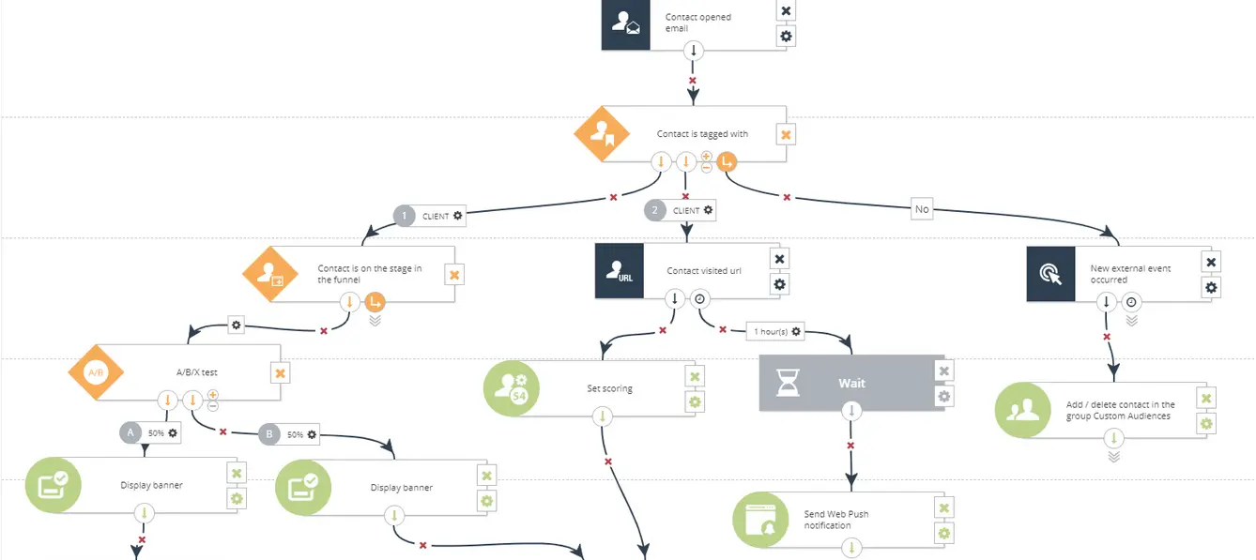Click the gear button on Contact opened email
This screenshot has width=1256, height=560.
click(x=786, y=37)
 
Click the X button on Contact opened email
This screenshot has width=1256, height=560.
click(x=786, y=11)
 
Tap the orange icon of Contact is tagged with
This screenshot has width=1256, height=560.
click(x=601, y=135)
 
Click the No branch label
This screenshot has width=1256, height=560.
click(x=922, y=209)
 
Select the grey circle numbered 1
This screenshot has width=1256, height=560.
click(x=405, y=216)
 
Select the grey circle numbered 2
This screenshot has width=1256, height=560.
click(x=655, y=210)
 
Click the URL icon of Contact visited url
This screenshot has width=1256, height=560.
click(x=620, y=271)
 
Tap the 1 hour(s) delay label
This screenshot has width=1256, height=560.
click(x=778, y=331)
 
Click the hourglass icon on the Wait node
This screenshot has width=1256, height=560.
click(x=787, y=383)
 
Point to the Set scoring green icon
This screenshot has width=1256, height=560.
click(x=511, y=388)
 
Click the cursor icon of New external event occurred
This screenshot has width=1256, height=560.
click(x=1050, y=274)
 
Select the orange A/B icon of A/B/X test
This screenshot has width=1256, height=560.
click(x=96, y=372)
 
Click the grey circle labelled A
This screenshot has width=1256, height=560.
click(x=131, y=433)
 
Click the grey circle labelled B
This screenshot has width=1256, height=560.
click(x=269, y=434)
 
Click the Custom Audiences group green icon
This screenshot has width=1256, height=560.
click(x=1022, y=410)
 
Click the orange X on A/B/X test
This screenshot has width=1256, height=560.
click(x=280, y=373)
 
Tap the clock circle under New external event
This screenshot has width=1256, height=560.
click(x=1131, y=302)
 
